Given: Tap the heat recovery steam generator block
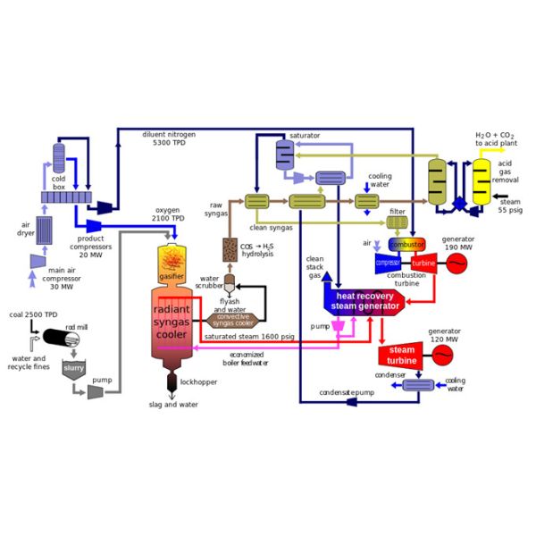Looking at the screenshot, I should pyautogui.click(x=367, y=300).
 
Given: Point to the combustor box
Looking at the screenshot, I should pyautogui.click(x=406, y=245).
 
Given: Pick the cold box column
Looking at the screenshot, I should pyautogui.click(x=60, y=158).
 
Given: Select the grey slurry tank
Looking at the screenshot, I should pyautogui.click(x=73, y=368).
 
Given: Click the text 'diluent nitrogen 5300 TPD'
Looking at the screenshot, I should pyautogui.click(x=169, y=139).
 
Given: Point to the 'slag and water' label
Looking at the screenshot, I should pyautogui.click(x=173, y=405).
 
